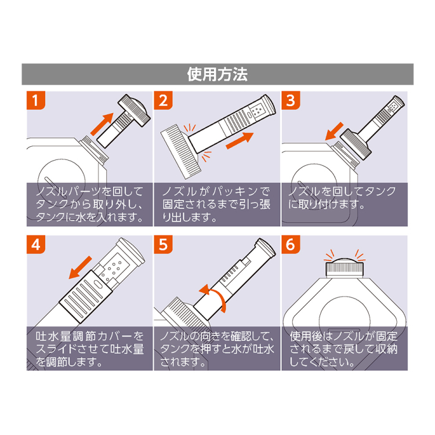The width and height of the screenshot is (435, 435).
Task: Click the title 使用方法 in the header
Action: tap(217, 74)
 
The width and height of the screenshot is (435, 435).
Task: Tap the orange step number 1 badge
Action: tap(37, 101)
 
